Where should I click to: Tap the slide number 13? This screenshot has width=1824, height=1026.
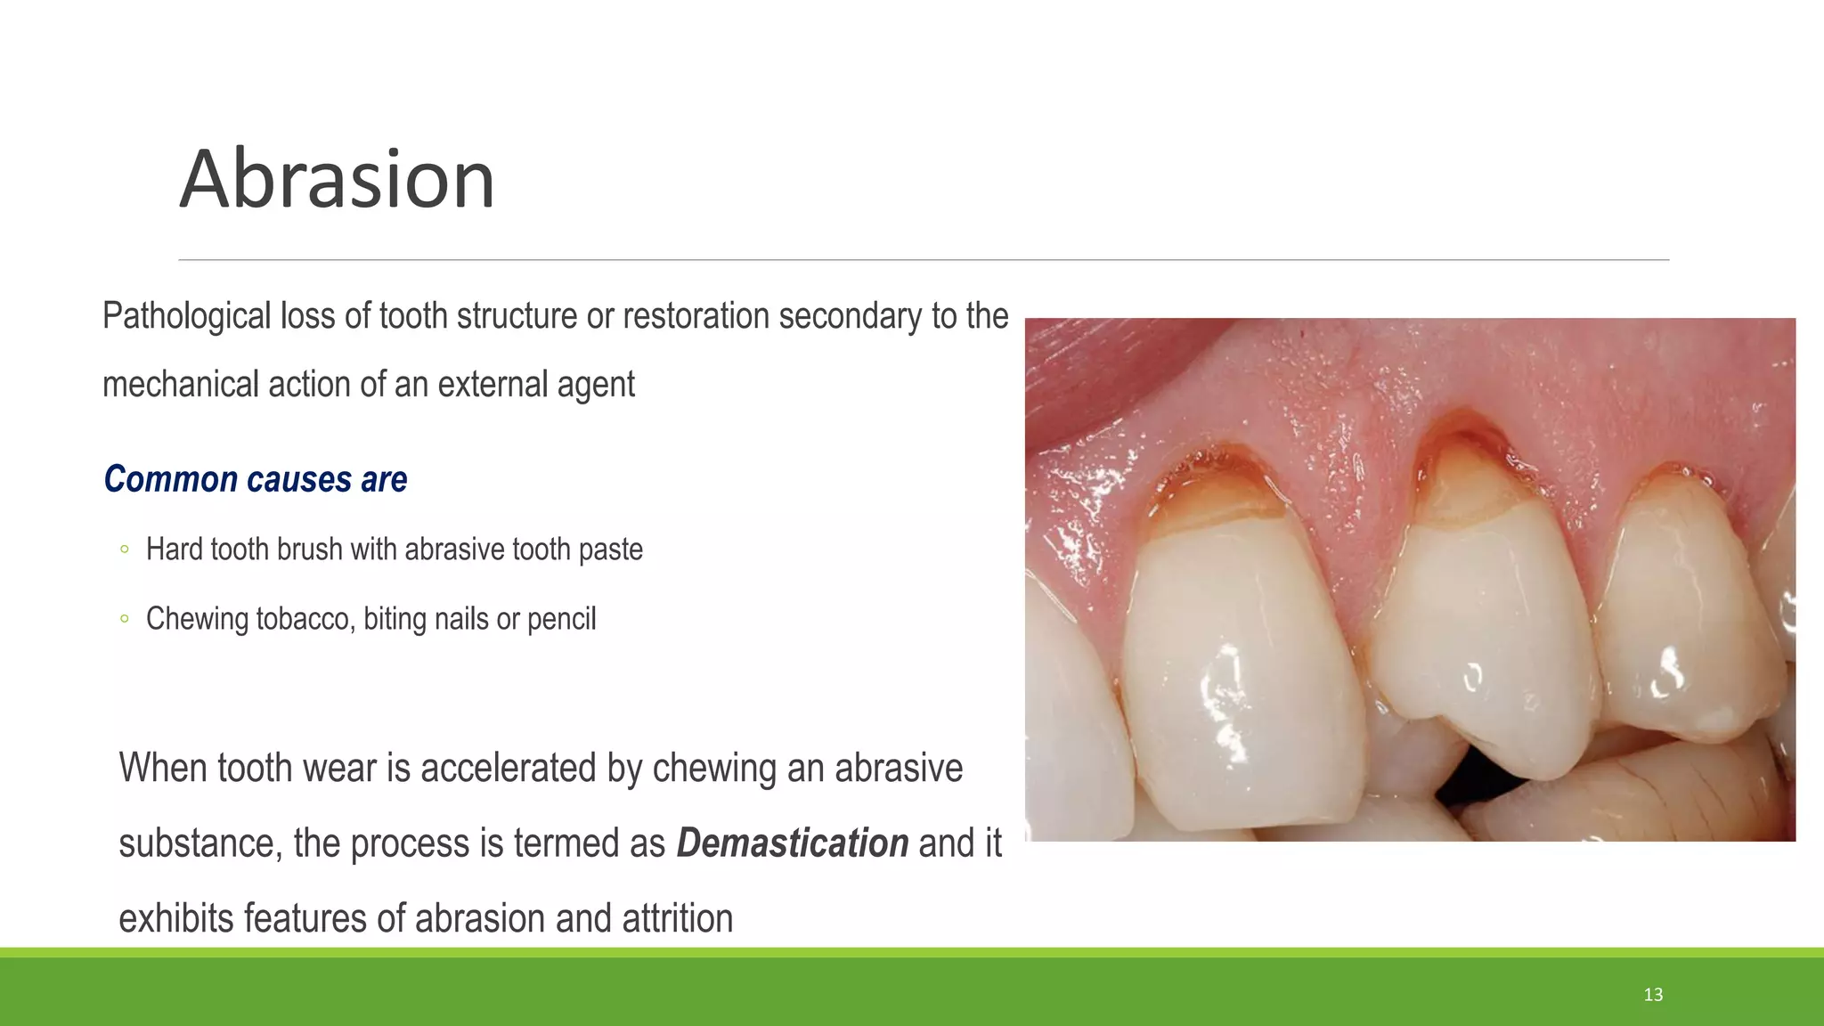tap(1653, 995)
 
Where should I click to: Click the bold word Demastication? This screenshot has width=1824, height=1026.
tap(792, 843)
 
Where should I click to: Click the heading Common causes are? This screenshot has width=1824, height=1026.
tap(256, 479)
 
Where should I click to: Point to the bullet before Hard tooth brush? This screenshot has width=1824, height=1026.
tap(124, 550)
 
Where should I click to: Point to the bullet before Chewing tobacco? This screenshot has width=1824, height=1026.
tap(124, 619)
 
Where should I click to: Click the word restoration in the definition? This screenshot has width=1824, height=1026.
tap(696, 316)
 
